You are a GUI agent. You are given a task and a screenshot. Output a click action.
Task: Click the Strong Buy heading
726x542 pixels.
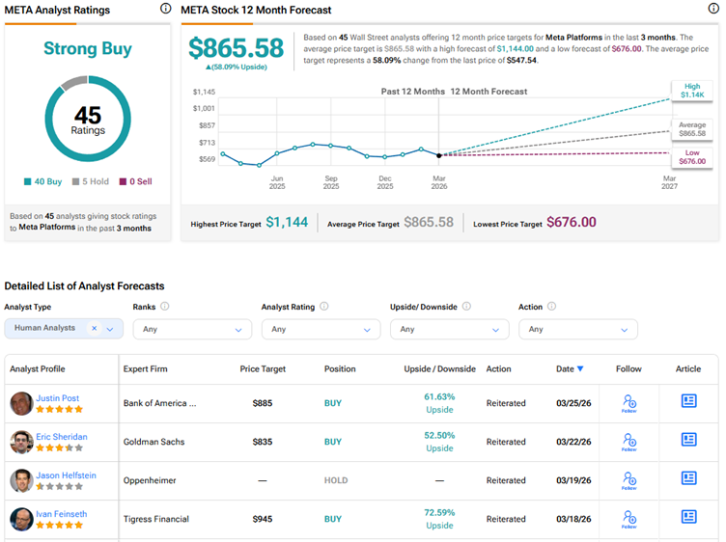pos(87,48)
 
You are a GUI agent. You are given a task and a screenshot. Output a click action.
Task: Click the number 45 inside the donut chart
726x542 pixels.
pos(87,117)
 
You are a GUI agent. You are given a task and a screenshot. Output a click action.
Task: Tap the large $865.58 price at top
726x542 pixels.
pos(236,48)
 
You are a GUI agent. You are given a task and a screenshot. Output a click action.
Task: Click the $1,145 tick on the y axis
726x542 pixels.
pos(204,92)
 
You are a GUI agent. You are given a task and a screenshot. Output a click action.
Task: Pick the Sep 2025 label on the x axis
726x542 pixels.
pos(331,183)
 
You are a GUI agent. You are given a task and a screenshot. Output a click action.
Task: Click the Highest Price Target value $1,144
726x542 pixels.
pos(287,223)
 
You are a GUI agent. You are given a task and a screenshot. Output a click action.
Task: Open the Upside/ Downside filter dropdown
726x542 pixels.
pos(449,329)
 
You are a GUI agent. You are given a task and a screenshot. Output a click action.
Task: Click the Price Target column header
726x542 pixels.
pos(264,368)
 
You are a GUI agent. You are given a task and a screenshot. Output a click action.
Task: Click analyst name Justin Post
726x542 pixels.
pos(58,397)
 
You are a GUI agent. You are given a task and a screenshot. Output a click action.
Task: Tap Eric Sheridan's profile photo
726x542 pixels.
pos(21,442)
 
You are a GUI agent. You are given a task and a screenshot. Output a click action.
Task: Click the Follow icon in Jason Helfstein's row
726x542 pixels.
pos(629,480)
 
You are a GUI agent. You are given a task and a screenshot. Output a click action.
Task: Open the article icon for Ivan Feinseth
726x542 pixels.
pos(688,517)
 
